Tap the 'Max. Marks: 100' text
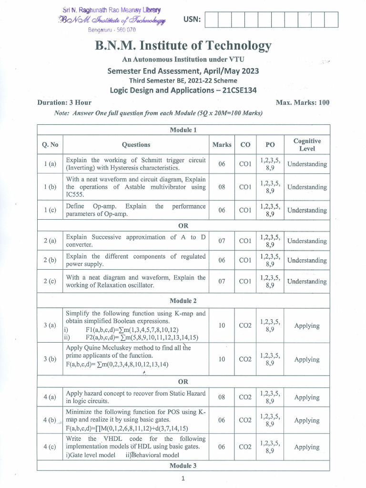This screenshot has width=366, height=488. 303,102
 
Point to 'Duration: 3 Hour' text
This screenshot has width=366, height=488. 64,102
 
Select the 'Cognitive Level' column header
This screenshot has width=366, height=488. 307,144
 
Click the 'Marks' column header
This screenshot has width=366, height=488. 222,144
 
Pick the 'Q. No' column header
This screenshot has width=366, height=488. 50,144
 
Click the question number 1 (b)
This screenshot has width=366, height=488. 50,187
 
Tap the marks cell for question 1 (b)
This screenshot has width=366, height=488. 222,187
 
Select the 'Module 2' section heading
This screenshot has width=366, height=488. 183,301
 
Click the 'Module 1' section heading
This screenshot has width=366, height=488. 183,130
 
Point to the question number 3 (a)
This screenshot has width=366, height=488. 50,325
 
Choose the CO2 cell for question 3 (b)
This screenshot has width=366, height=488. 245,359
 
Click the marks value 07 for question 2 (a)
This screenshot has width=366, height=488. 222,241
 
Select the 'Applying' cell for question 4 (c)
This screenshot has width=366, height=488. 307,447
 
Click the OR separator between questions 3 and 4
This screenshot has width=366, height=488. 183,382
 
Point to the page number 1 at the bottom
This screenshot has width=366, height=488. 183,478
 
